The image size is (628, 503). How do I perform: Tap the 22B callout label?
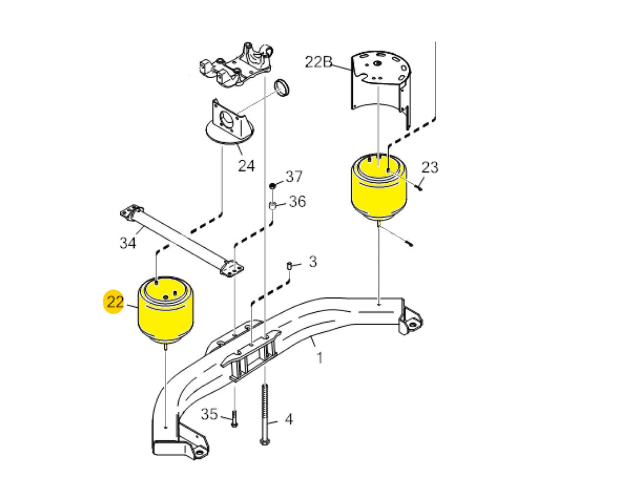[319, 62]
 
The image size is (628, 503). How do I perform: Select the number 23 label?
[430, 167]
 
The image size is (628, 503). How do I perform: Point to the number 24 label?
[246, 166]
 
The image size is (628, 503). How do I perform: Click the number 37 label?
[294, 176]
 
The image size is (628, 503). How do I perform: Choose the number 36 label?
[297, 202]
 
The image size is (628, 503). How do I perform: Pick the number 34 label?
[128, 243]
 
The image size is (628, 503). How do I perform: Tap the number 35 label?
[209, 414]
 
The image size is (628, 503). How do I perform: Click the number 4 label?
[289, 419]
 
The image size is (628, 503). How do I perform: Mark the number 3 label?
[313, 262]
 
